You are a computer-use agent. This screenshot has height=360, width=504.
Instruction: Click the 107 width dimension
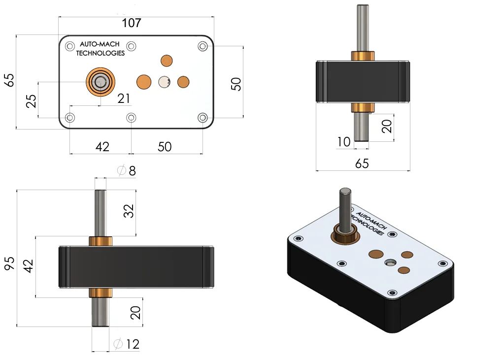[132, 23]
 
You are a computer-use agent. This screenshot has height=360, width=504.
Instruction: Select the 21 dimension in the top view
[124, 98]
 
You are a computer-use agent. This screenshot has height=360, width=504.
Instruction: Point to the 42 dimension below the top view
[102, 147]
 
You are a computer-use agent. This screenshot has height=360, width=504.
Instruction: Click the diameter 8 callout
[127, 171]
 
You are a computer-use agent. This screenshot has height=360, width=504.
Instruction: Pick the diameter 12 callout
[127, 344]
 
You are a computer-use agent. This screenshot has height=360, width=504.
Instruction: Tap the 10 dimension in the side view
[343, 142]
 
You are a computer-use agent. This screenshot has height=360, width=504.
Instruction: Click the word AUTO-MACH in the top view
[100, 44]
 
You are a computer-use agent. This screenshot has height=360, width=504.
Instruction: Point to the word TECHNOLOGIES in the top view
[100, 53]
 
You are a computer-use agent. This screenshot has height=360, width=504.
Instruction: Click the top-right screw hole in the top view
[202, 46]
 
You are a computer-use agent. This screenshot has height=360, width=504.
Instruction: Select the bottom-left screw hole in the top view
[70, 118]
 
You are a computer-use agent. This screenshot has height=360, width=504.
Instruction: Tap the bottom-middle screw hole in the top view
[132, 118]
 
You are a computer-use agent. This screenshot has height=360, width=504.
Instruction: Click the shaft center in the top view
[101, 82]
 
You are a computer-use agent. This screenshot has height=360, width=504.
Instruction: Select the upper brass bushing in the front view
[101, 241]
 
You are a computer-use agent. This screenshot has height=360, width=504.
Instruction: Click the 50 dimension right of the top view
[236, 84]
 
